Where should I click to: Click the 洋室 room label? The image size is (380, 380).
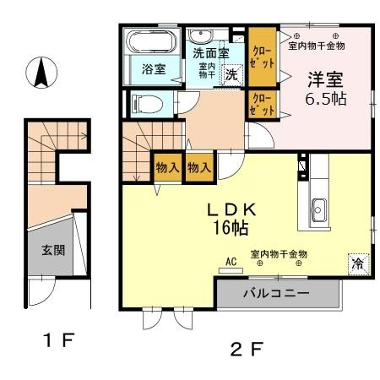[324, 82]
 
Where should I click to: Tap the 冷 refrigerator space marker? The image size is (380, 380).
[358, 263]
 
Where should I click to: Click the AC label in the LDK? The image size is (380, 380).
[230, 262]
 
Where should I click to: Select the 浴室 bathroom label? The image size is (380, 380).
[153, 69]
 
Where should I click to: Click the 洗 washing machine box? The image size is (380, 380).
[231, 74]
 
